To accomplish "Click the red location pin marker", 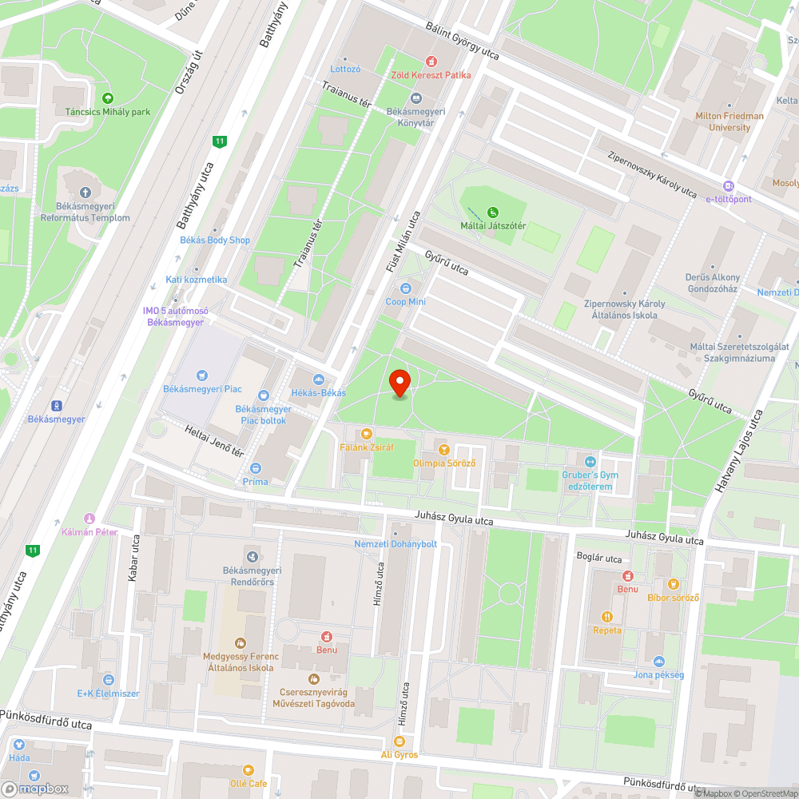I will [x=399, y=383].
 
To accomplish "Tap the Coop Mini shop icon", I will [x=406, y=288].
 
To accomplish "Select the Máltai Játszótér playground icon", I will [x=494, y=213].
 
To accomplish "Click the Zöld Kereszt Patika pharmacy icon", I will [x=431, y=62].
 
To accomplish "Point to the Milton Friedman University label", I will [x=729, y=121].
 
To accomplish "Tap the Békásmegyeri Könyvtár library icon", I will [x=415, y=98].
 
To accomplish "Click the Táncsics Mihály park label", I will [x=108, y=112].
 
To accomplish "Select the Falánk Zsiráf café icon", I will [x=367, y=434].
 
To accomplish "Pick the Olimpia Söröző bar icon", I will [x=444, y=450].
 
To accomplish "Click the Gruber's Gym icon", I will [x=590, y=461].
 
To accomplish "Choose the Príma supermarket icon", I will [x=256, y=468].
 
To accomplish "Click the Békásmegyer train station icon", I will [x=57, y=406].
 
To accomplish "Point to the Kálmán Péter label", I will [x=89, y=532].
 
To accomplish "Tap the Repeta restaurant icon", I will [x=607, y=617].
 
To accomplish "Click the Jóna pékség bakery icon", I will [x=658, y=662].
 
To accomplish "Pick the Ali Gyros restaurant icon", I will [x=399, y=741].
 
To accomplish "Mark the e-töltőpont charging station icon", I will [x=728, y=185].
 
